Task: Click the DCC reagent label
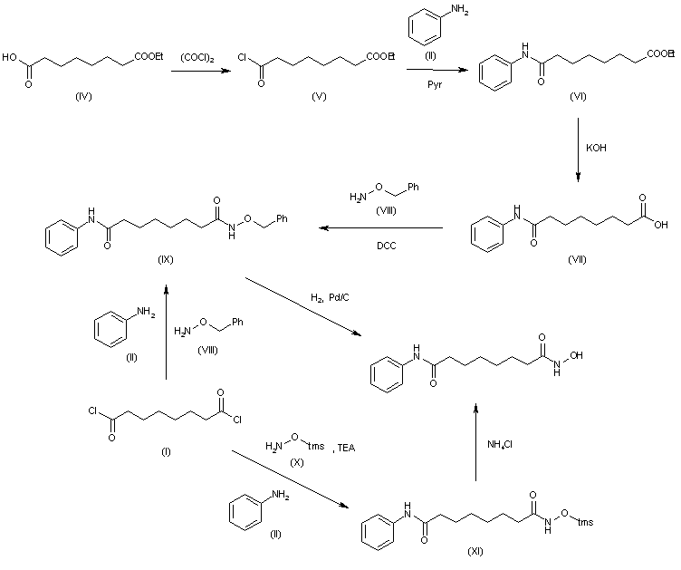click(x=377, y=244)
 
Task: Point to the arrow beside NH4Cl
click(x=475, y=444)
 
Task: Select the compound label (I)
click(x=165, y=449)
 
